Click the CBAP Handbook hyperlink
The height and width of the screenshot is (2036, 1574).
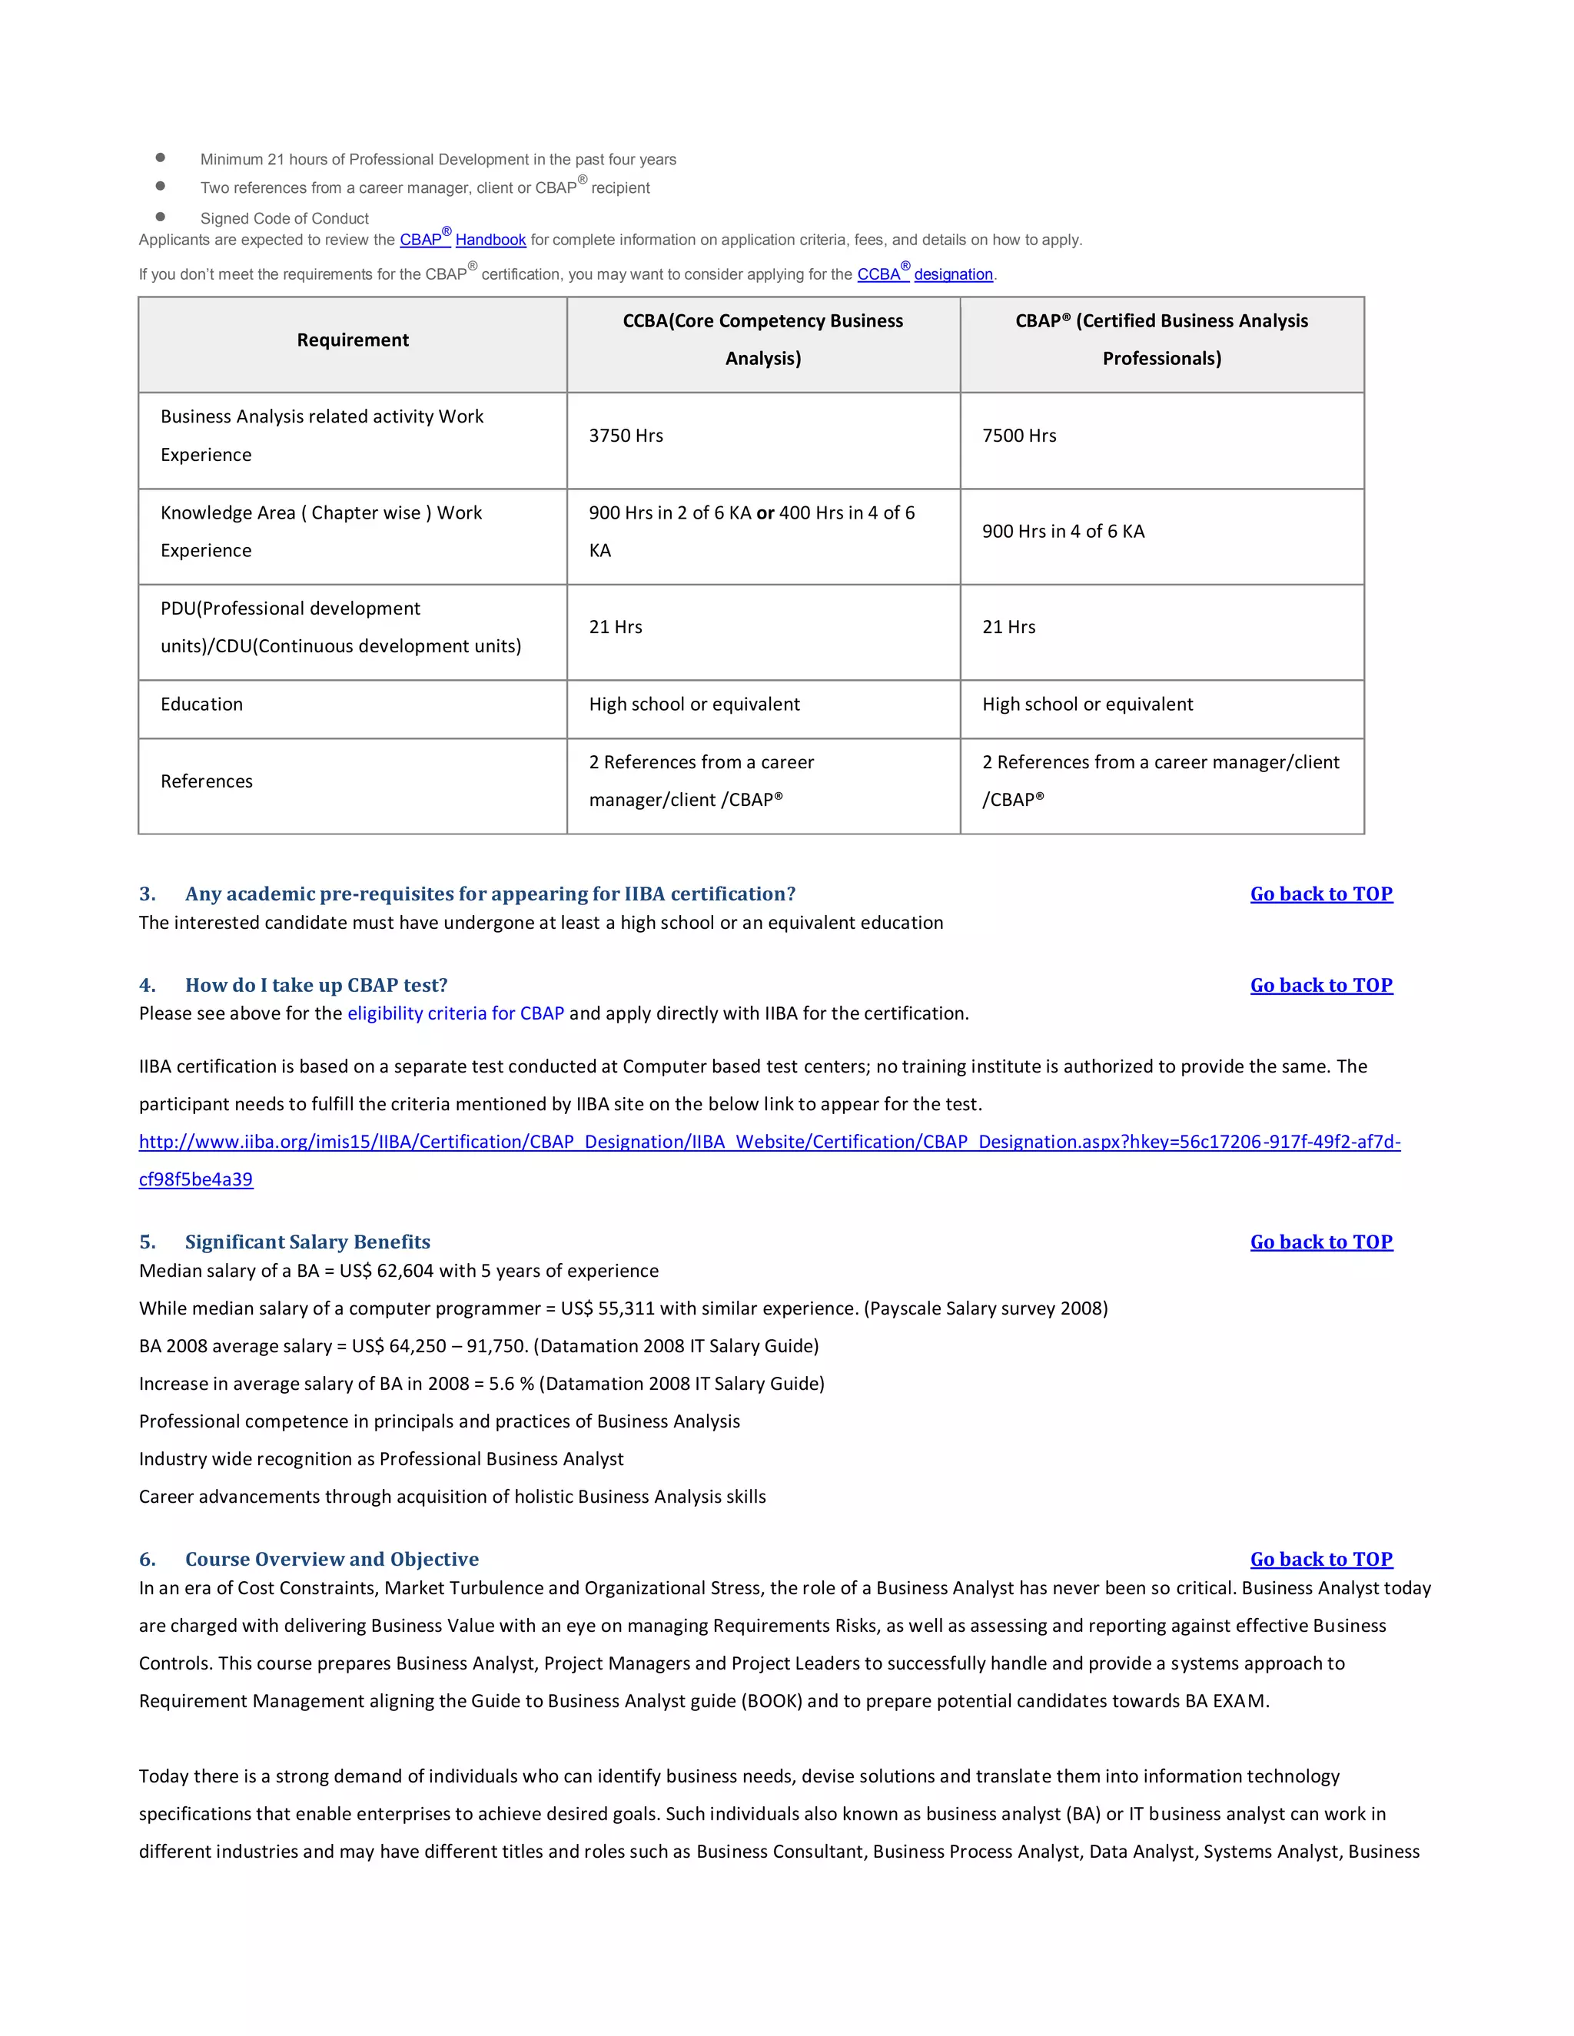(x=463, y=240)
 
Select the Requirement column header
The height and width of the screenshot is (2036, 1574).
(x=353, y=340)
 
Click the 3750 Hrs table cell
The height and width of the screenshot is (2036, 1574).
(x=626, y=436)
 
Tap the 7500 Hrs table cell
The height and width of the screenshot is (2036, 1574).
(x=1018, y=436)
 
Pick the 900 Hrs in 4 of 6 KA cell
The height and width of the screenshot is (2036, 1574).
(x=1062, y=532)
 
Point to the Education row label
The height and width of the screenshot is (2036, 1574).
(x=201, y=705)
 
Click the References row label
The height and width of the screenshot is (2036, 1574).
(x=206, y=781)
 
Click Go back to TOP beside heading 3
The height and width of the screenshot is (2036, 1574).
(x=1320, y=894)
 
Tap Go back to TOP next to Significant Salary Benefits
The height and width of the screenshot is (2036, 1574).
(x=1320, y=1242)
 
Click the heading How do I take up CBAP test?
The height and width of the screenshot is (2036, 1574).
(x=316, y=986)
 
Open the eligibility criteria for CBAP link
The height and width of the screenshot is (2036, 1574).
(x=455, y=1013)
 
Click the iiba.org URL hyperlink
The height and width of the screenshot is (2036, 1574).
(x=769, y=1142)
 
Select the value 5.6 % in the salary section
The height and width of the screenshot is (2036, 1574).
(x=511, y=1384)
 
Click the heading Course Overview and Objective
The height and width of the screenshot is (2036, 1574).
(x=331, y=1559)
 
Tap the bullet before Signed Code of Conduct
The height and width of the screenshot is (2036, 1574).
(x=161, y=217)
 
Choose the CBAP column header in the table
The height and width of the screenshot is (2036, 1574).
(x=1161, y=340)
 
